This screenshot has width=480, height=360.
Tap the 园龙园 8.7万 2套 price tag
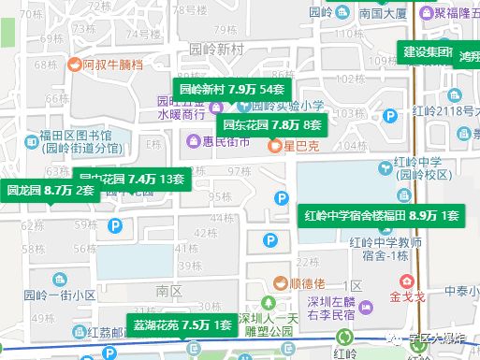click(x=51, y=190)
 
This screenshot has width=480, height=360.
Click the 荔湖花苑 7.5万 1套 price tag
click(x=182, y=325)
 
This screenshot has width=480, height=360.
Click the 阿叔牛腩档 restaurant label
click(x=112, y=65)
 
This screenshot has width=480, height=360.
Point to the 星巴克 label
click(x=302, y=147)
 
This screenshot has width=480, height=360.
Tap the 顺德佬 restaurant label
click(x=310, y=283)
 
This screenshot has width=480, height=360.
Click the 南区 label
click(x=169, y=291)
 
